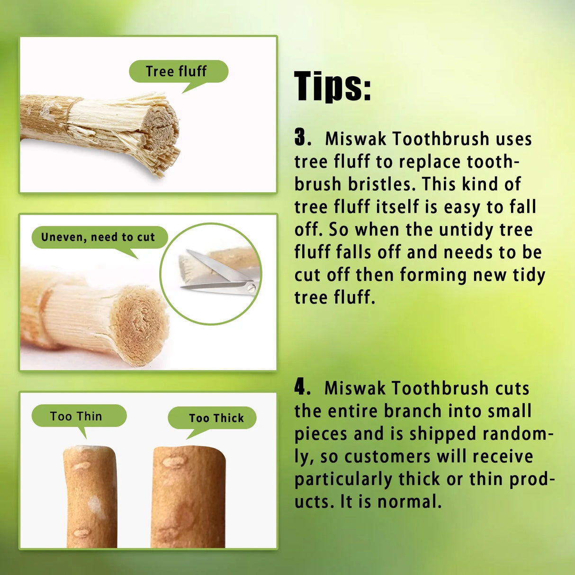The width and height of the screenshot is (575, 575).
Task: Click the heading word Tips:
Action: click(x=332, y=86)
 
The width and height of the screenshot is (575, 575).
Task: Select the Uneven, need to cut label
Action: click(x=99, y=237)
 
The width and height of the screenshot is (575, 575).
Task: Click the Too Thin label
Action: click(x=77, y=416)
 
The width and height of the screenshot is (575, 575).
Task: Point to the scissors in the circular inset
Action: click(x=220, y=277)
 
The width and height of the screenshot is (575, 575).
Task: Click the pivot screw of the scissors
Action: click(x=251, y=287)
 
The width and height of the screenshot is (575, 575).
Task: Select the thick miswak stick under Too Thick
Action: click(x=188, y=497)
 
